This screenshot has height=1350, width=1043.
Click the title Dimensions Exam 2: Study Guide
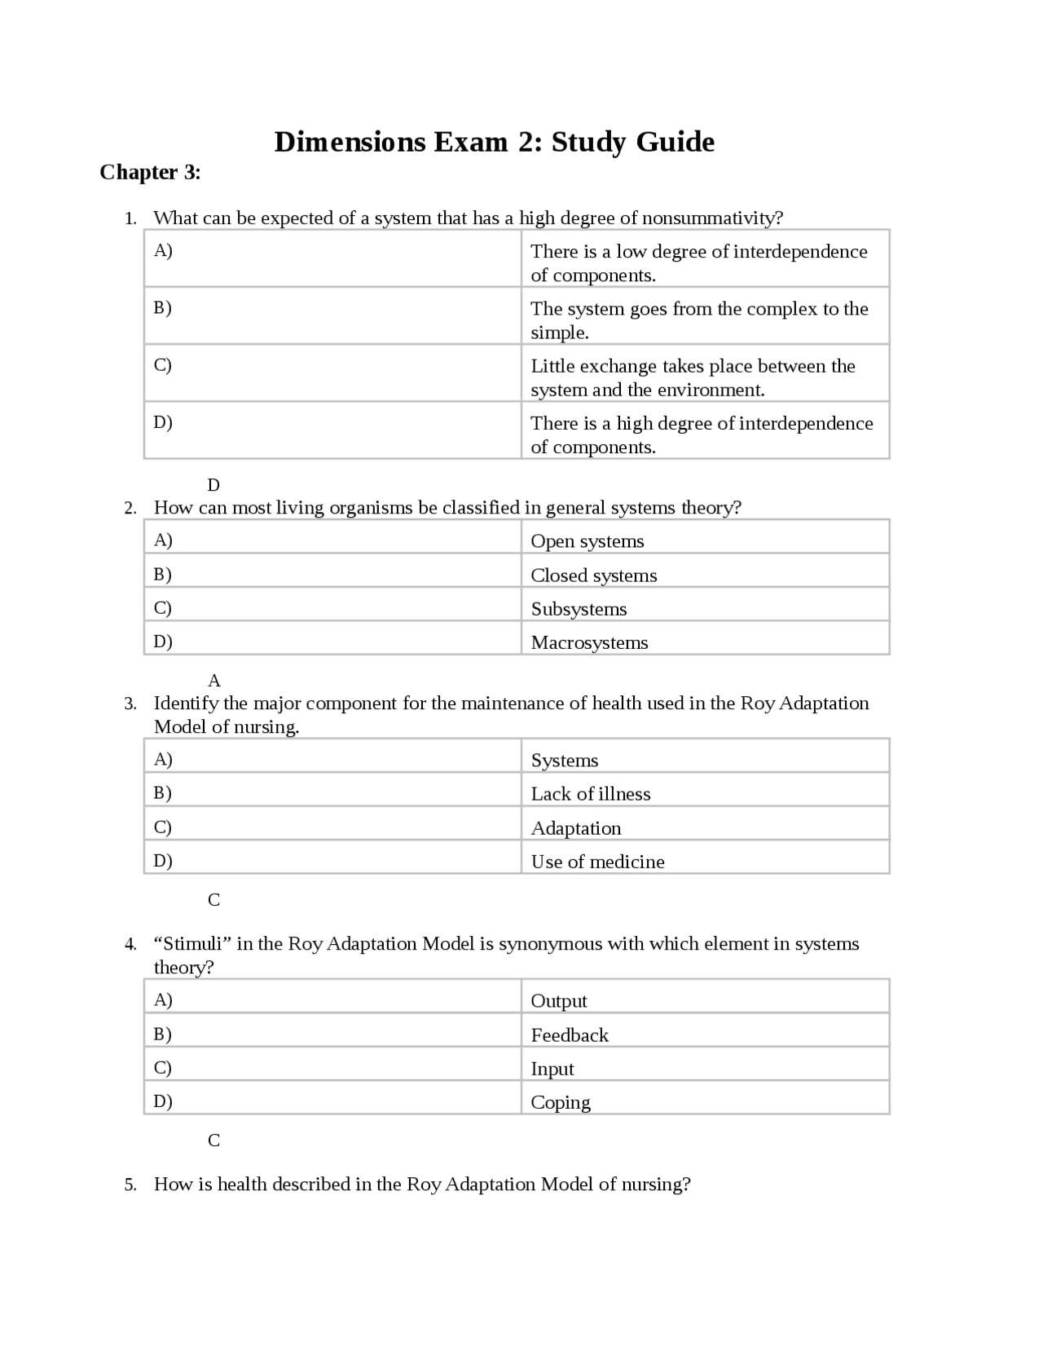point(494,142)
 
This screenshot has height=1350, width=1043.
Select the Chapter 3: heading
point(150,172)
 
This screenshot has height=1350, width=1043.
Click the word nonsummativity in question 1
point(711,218)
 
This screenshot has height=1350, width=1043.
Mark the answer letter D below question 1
point(213,486)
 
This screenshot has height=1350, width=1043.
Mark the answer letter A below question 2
point(214,681)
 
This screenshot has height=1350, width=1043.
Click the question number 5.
point(130,1185)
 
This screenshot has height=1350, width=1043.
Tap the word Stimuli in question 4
point(192,944)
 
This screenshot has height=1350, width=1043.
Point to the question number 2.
point(130,509)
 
